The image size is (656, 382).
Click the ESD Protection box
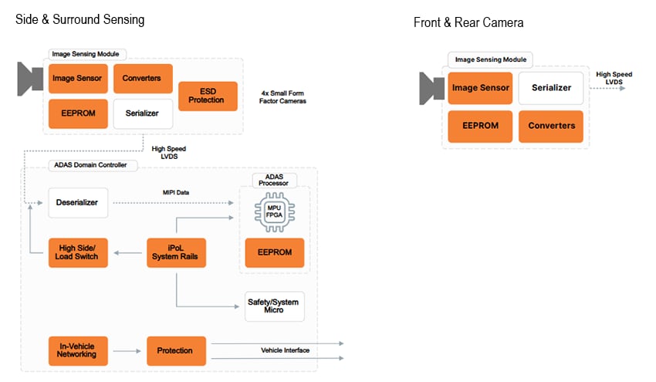pyautogui.click(x=208, y=96)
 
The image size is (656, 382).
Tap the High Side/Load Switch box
pyautogui.click(x=78, y=252)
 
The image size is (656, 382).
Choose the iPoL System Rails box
pyautogui.click(x=176, y=252)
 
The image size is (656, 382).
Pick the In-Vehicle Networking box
pyautogui.click(x=77, y=350)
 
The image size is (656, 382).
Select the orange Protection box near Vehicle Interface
pyautogui.click(x=176, y=350)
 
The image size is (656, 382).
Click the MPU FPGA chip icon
pyautogui.click(x=274, y=213)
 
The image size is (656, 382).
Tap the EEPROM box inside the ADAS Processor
pyautogui.click(x=274, y=252)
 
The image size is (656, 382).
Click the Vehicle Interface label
pyautogui.click(x=285, y=350)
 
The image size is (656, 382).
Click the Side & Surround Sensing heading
pyautogui.click(x=79, y=19)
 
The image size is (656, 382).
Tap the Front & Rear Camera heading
pyautogui.click(x=468, y=23)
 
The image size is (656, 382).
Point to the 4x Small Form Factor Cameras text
pyautogui.click(x=284, y=96)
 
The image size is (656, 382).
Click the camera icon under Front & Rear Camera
pyautogui.click(x=431, y=88)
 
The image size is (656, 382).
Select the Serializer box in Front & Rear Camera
pyautogui.click(x=551, y=88)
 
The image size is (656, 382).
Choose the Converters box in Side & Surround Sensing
pyautogui.click(x=142, y=78)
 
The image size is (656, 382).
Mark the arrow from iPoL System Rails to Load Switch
pyautogui.click(x=127, y=252)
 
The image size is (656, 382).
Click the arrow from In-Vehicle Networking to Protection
pyautogui.click(x=127, y=350)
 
